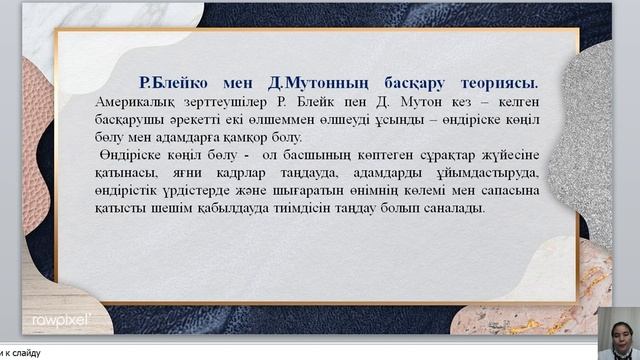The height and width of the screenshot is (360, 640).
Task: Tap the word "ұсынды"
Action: (400, 120)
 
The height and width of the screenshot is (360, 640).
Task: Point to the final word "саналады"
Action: (454, 209)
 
